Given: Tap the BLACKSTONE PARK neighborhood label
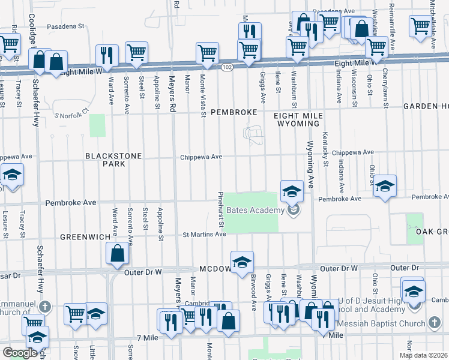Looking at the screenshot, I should point(113,160).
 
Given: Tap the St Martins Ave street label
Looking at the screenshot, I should point(204,234).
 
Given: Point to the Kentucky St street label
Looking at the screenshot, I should point(325,149).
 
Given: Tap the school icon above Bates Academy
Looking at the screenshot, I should point(292,191).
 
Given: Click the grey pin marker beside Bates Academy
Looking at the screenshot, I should point(294,209).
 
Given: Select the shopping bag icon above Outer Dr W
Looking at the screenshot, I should point(118,254).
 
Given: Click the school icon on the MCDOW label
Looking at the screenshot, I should point(242,262).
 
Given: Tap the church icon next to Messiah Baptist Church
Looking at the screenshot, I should point(435,323).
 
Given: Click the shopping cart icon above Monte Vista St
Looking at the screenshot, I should point(207,53).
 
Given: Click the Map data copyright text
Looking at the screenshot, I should point(423,355).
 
